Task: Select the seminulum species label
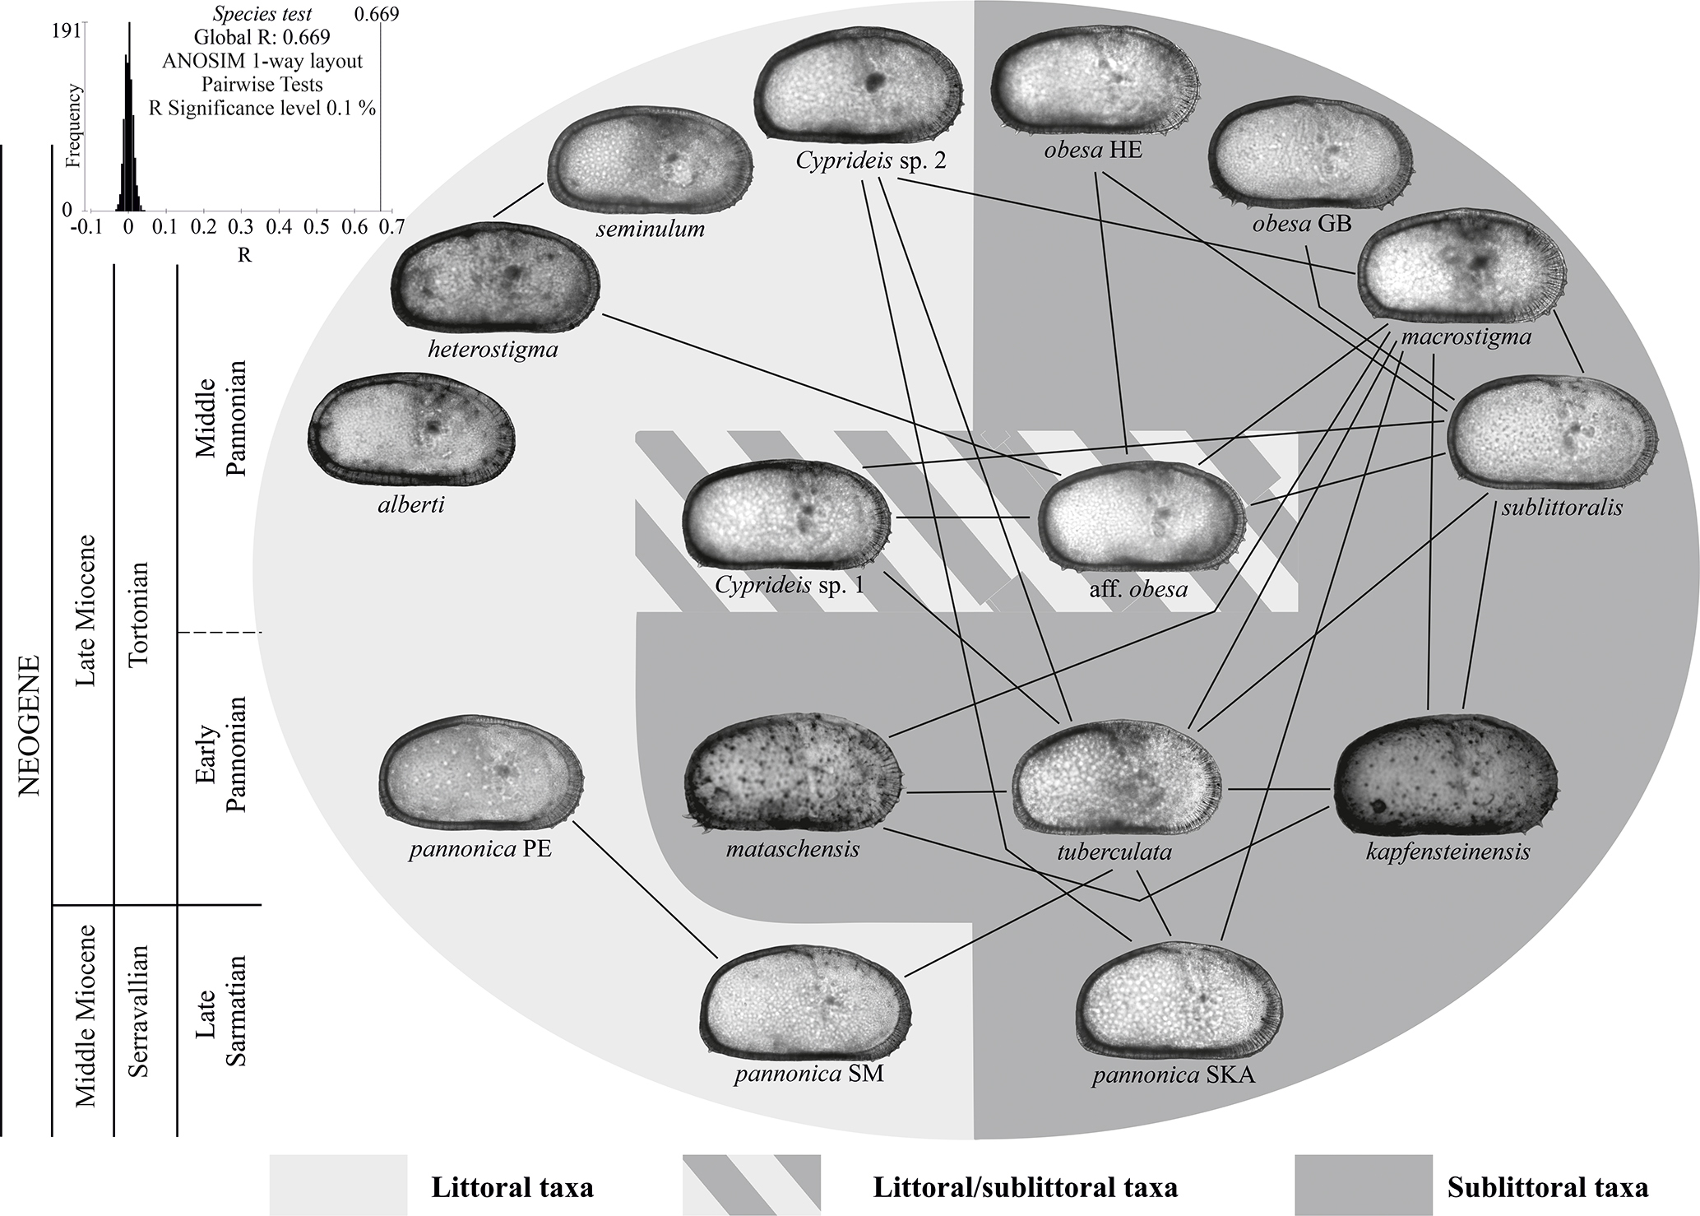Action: tap(650, 229)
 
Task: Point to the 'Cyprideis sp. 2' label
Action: tap(871, 160)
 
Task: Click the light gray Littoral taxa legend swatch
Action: tap(338, 1185)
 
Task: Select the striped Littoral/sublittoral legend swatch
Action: tap(751, 1185)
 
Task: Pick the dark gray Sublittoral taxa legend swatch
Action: tap(1363, 1185)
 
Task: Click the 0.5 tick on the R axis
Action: tap(317, 227)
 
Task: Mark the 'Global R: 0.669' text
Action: tap(262, 37)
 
